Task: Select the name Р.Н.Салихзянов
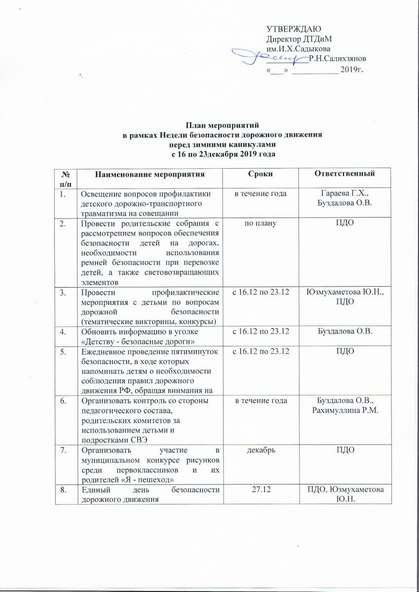[x=337, y=59]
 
